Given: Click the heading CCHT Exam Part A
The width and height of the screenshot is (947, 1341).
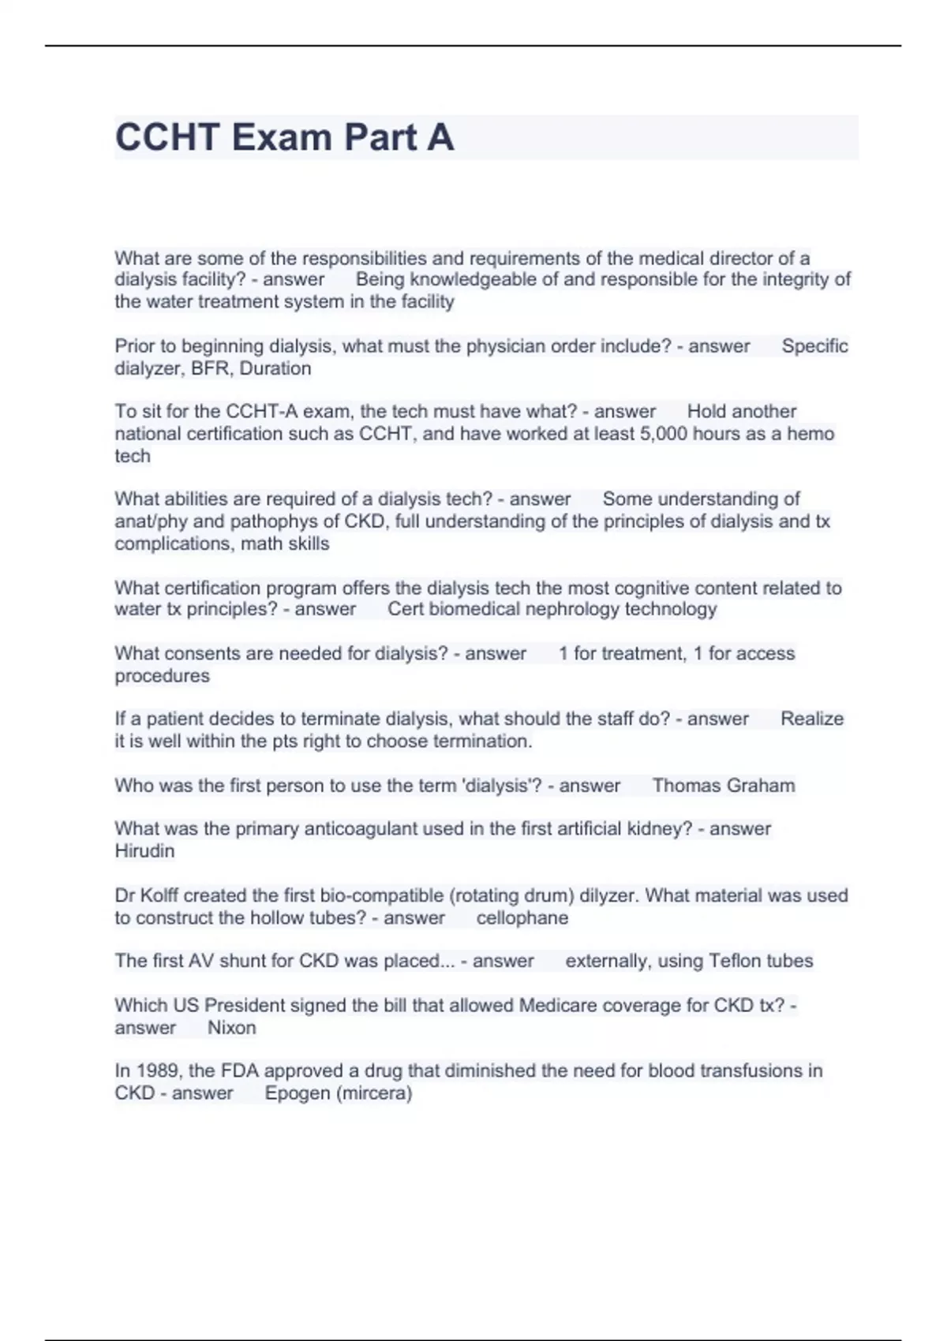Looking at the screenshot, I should [x=284, y=137].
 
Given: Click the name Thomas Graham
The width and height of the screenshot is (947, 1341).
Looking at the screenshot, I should [x=723, y=786].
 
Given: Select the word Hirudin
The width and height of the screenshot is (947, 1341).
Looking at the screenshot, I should [x=144, y=851].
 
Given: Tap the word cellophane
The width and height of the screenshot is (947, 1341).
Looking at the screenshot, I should [x=522, y=918].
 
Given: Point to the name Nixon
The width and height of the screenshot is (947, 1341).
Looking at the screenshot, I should [x=231, y=1028].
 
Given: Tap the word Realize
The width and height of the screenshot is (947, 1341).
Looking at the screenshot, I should [x=811, y=719].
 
